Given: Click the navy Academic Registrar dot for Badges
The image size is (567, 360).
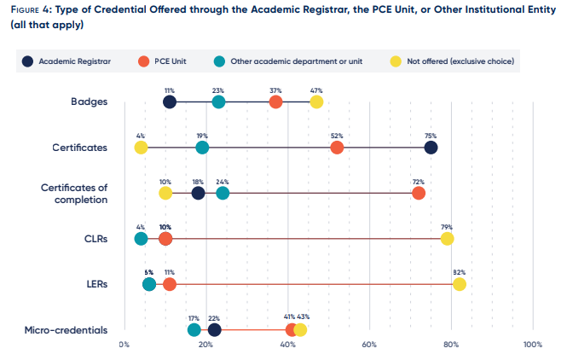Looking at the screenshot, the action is (170, 102).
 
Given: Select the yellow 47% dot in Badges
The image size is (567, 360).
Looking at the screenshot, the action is (316, 102).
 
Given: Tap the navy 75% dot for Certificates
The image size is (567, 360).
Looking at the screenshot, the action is (431, 148).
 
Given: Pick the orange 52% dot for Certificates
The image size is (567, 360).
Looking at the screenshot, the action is (337, 148).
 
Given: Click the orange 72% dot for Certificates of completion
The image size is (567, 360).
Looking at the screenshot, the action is (419, 193).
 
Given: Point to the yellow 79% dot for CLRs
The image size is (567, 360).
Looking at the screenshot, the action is (447, 239).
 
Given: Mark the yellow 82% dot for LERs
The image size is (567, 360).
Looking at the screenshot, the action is (460, 284).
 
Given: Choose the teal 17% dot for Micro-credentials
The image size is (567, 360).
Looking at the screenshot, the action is (194, 330).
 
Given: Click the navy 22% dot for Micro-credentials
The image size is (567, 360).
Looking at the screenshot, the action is (214, 330).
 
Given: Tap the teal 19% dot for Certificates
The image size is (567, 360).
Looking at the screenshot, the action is (202, 148).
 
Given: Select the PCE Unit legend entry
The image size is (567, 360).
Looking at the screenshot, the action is (162, 61).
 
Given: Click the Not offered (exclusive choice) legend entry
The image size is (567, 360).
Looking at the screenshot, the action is (452, 61).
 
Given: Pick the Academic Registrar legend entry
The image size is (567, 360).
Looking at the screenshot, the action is (67, 61).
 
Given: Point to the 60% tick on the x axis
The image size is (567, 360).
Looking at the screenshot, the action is (369, 345).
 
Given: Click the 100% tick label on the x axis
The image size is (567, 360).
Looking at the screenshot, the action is (533, 345).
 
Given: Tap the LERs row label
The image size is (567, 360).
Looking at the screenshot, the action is (97, 284).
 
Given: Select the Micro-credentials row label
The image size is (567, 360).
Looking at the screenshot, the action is (66, 330).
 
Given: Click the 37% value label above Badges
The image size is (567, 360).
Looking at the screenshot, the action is (275, 90).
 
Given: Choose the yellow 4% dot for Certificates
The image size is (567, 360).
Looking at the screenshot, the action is (141, 148).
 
